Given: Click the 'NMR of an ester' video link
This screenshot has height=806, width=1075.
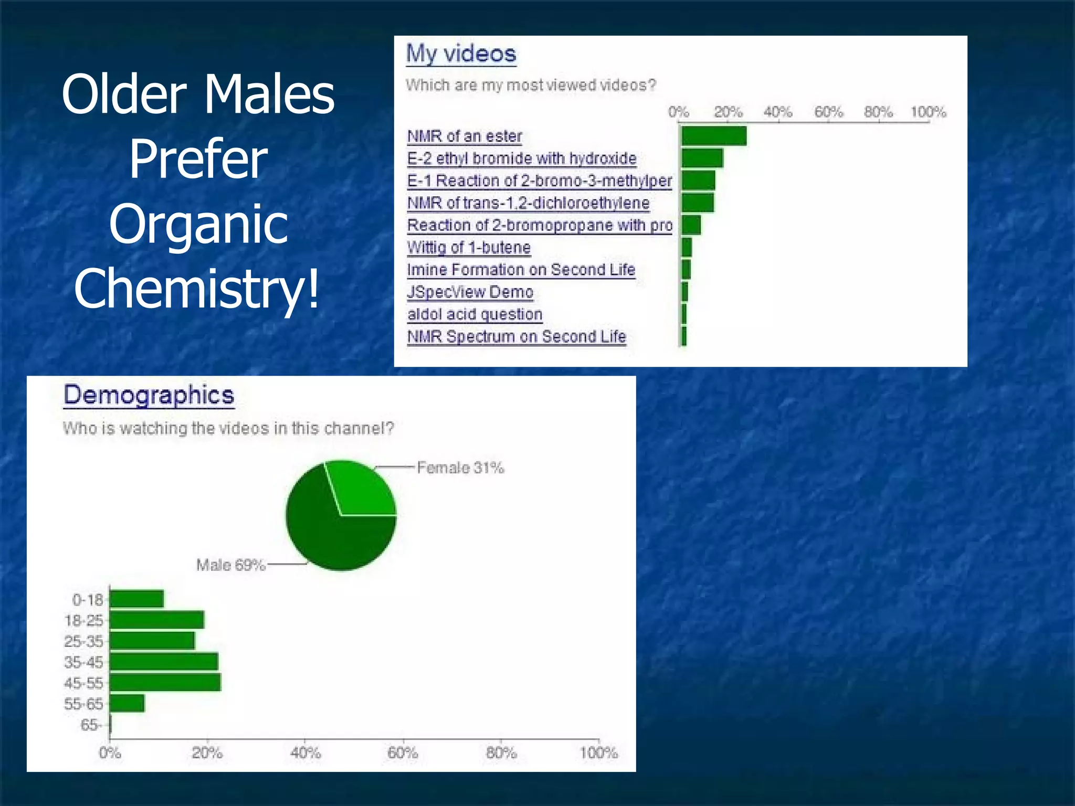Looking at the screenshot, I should [x=464, y=136].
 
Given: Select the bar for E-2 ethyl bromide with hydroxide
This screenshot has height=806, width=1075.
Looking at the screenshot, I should [x=702, y=158].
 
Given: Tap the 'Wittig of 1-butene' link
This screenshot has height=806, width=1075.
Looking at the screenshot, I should [x=469, y=247].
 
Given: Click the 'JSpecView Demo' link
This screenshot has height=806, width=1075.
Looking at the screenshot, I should [x=470, y=292].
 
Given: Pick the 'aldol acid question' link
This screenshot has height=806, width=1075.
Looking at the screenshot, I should [x=475, y=314].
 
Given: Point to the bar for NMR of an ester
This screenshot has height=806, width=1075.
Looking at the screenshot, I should [x=713, y=136].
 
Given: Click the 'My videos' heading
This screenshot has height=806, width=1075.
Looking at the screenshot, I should [x=461, y=54].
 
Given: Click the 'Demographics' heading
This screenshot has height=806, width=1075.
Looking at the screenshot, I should [x=149, y=395].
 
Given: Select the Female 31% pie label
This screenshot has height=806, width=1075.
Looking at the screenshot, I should [x=460, y=468].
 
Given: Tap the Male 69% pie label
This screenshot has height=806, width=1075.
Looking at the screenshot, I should [x=230, y=565].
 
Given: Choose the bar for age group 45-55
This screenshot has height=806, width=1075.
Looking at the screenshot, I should [x=165, y=683].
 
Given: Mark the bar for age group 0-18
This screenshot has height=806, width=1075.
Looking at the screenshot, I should [x=136, y=599].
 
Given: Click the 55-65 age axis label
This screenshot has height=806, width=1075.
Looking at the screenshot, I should [x=83, y=704].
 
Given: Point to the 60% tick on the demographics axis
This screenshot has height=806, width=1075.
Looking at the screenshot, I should [x=403, y=753].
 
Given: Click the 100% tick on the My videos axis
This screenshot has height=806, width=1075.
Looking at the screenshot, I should [x=928, y=112].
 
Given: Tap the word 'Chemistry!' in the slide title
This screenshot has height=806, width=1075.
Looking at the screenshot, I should [x=197, y=288].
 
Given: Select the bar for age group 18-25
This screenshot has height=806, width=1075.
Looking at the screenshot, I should [x=156, y=620].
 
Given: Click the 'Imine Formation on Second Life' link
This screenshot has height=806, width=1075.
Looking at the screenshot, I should [x=521, y=270].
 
